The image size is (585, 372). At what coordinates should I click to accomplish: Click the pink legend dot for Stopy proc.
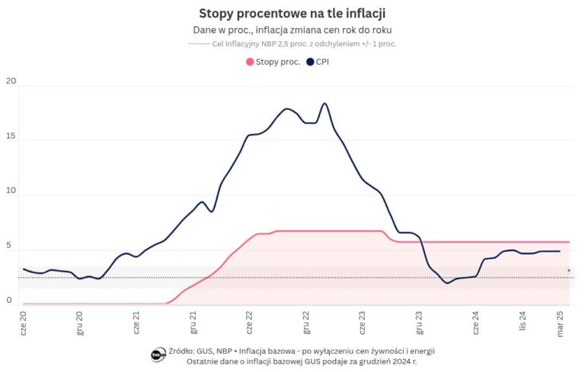tap(249, 62)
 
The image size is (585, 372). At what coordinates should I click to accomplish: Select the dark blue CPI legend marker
tap(309, 62)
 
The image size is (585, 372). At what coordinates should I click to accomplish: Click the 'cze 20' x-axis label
tap(24, 323)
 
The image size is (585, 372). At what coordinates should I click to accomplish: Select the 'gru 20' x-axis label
tap(80, 323)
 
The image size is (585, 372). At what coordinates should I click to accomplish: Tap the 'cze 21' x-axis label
tap(136, 323)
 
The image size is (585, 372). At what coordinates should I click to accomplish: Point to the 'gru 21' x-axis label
tap(193, 323)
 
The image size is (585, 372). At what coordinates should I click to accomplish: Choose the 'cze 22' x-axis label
tap(249, 323)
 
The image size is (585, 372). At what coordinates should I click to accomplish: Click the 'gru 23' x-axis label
tap(419, 323)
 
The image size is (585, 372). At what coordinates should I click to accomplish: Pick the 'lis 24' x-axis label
tap(523, 322)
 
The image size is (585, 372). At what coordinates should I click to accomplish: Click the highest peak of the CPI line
tap(324, 103)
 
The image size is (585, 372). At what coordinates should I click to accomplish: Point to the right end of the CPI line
tap(560, 251)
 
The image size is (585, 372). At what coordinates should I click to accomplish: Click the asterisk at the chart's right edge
tap(568, 272)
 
